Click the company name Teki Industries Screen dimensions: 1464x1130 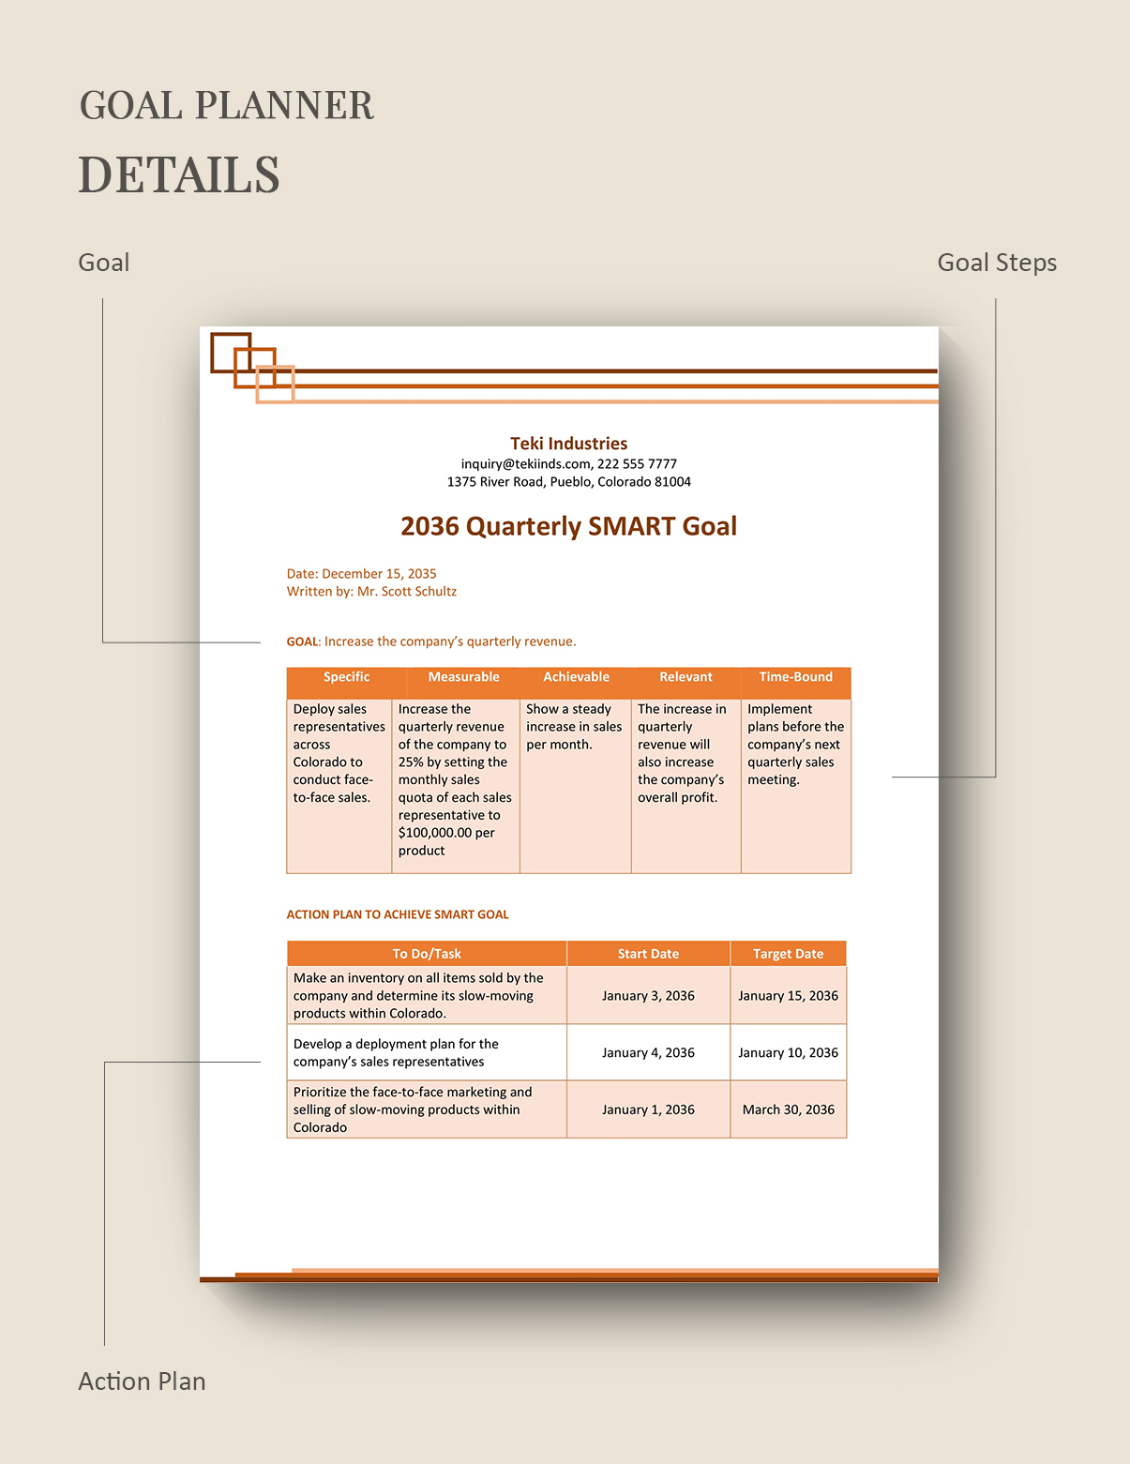click(568, 444)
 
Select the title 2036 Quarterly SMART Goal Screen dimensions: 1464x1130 click(568, 526)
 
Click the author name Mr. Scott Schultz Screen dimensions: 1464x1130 click(407, 592)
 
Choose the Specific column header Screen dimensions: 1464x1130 click(346, 677)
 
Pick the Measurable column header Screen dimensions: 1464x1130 click(463, 677)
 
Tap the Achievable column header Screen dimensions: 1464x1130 click(576, 677)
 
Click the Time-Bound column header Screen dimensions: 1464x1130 click(795, 677)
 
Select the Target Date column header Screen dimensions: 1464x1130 click(788, 954)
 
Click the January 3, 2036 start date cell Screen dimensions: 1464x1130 click(648, 996)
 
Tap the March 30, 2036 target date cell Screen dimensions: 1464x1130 click(788, 1109)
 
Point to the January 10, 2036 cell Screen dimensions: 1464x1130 click(788, 1053)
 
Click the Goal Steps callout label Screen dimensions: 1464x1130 click(997, 263)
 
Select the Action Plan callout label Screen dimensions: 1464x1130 click(142, 1381)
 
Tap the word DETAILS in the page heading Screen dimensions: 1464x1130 click(179, 175)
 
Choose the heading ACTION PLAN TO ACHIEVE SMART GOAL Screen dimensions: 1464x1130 click(398, 914)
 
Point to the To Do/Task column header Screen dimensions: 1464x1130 click(427, 954)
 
